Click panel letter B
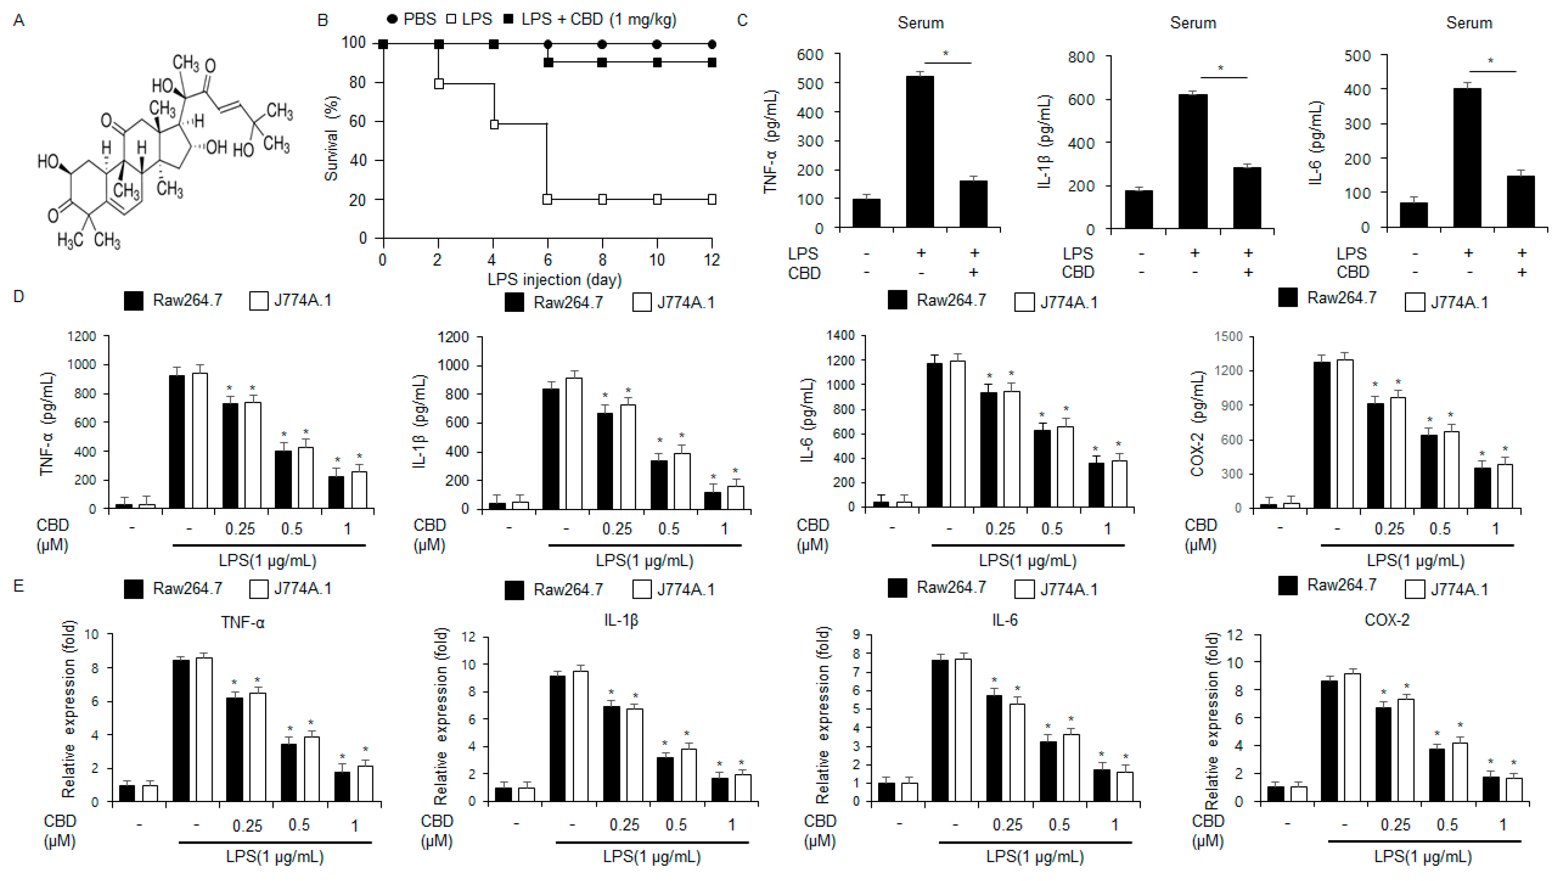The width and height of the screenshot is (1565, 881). coord(323,21)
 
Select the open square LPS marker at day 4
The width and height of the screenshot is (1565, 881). coord(494,124)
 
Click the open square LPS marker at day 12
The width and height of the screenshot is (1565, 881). coord(712,199)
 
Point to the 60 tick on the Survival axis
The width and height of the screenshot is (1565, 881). coord(358,122)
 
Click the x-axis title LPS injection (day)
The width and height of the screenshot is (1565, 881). coord(554,280)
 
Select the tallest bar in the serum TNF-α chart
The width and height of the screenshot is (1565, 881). coord(920,152)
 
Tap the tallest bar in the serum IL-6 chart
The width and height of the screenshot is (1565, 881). coord(1467,158)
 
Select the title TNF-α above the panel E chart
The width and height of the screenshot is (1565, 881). coord(243,622)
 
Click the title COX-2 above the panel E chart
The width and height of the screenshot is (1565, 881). coord(1387,620)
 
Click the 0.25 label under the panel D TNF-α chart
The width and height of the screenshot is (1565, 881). coord(239,529)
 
